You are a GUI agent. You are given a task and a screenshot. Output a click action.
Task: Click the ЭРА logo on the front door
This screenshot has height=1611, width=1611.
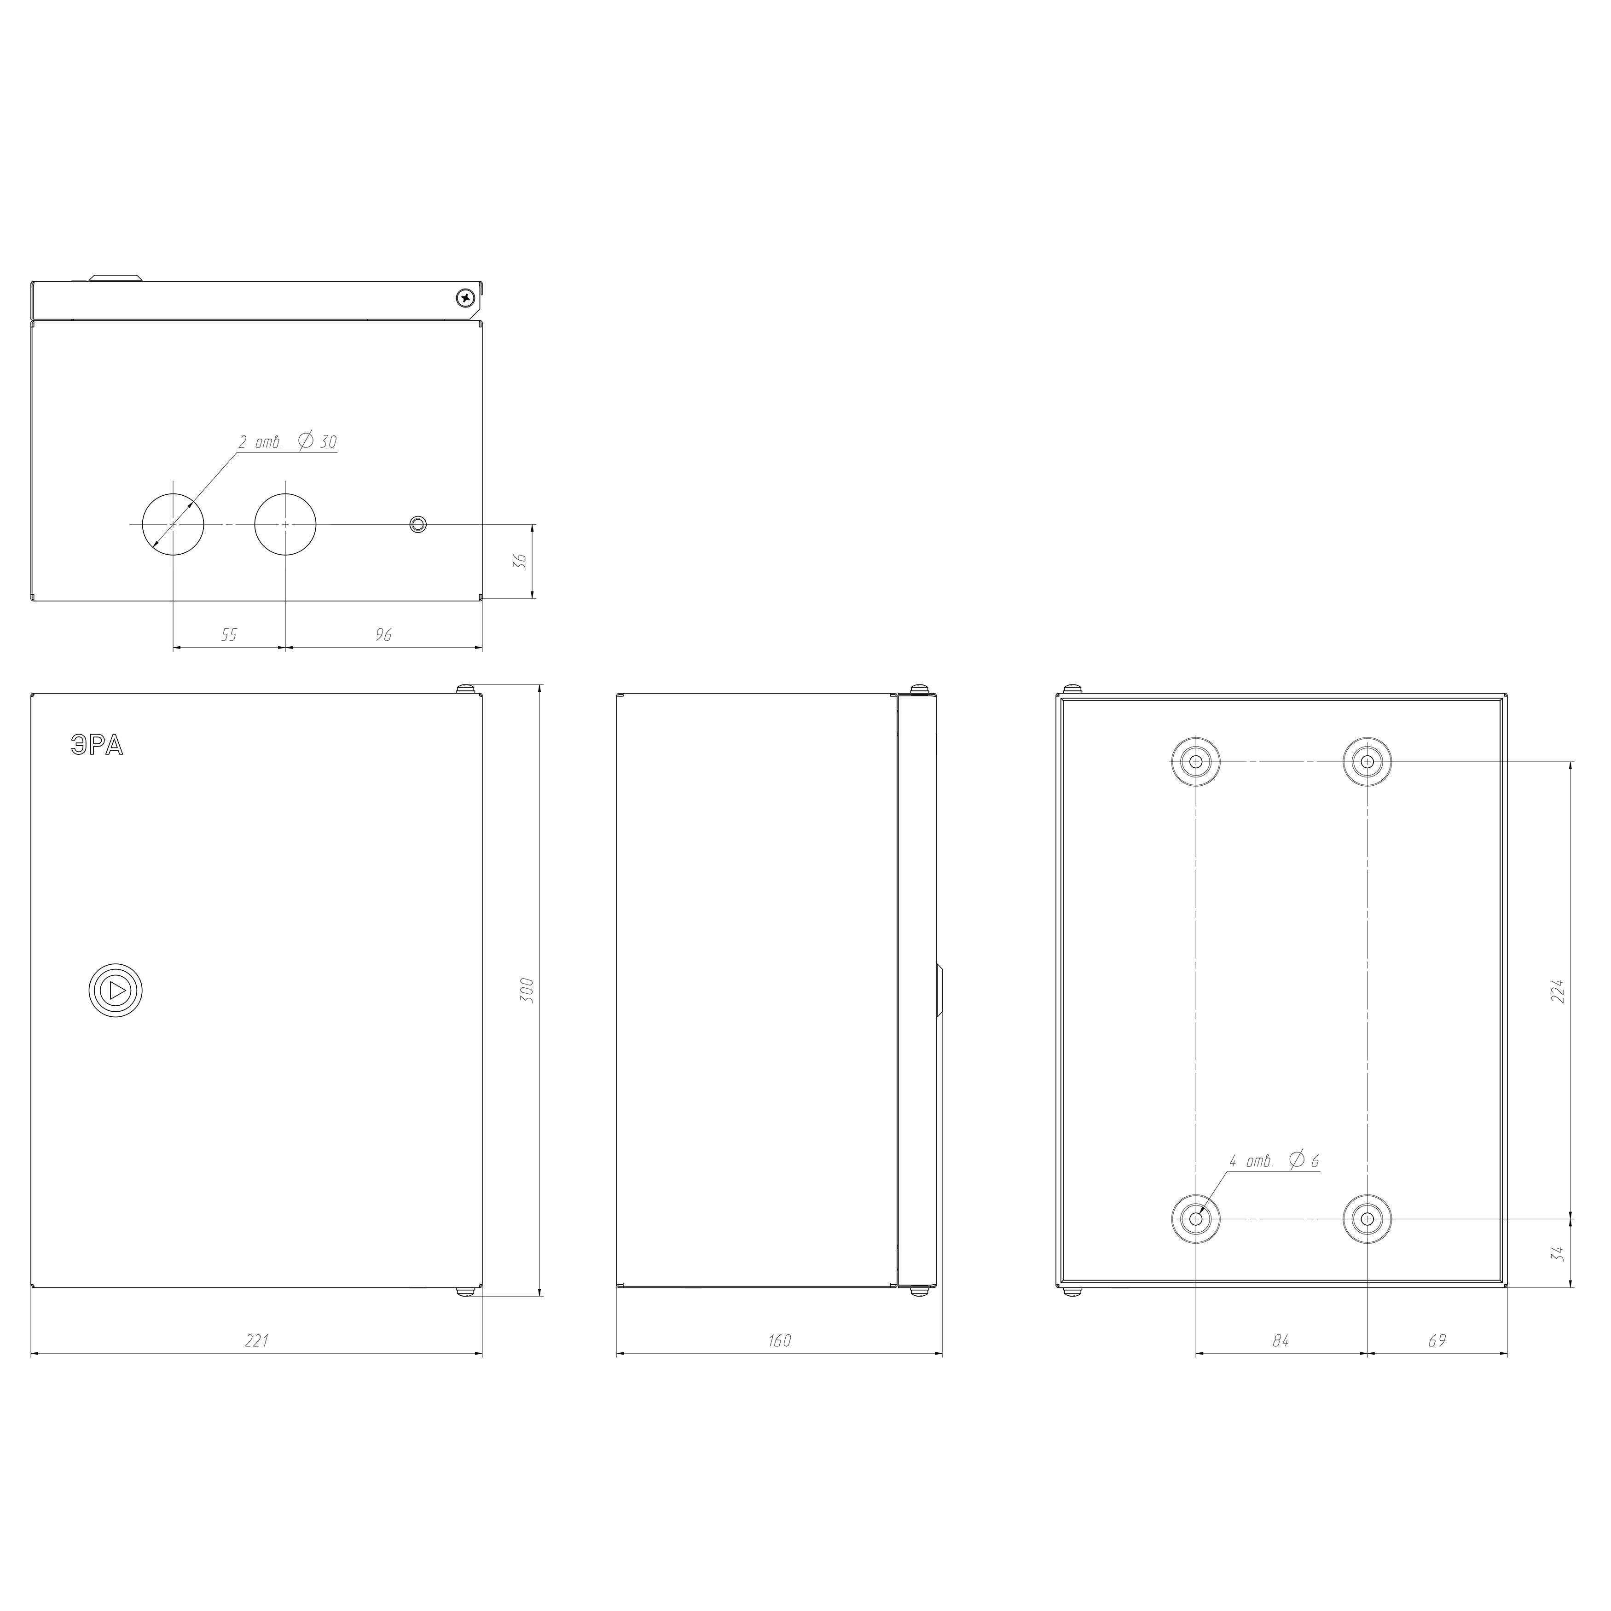pos(97,746)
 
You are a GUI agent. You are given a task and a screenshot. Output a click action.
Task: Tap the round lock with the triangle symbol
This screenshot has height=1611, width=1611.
pos(116,991)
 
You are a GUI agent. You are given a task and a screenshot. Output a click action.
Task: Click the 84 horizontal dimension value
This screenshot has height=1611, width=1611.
pos(1281,1341)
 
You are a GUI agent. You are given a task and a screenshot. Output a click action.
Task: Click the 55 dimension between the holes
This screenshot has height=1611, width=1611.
pos(228,635)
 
